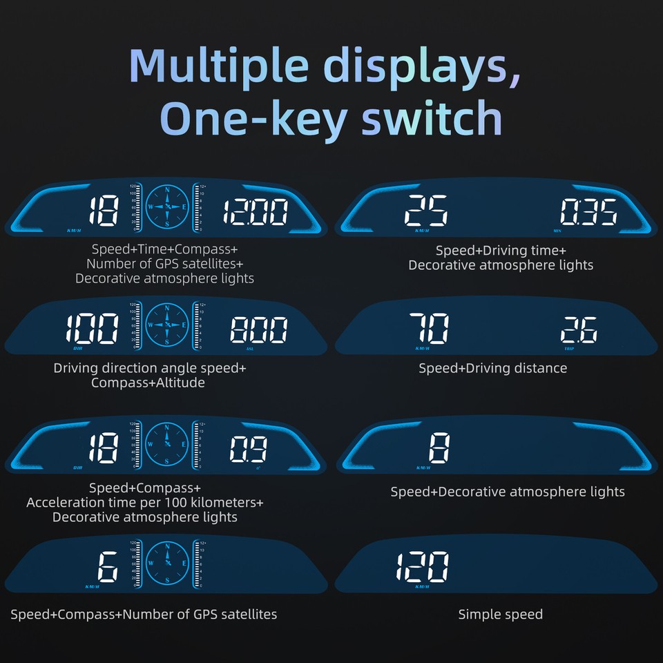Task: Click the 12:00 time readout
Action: coord(254,212)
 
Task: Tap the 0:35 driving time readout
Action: coord(588,212)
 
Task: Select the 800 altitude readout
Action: coord(258,331)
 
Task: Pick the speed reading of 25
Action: coord(426,211)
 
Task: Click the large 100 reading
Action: coord(92,330)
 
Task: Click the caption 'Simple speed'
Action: coord(500,614)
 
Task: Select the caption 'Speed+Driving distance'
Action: coord(492,368)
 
